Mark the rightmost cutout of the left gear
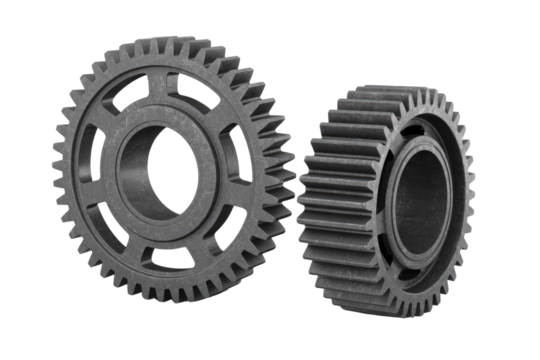246,165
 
